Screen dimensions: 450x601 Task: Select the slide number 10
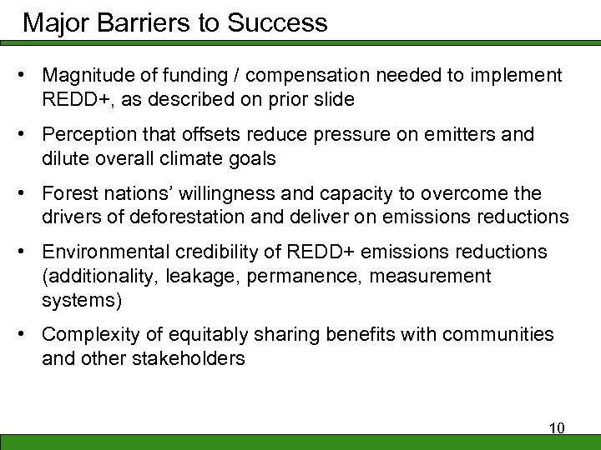(557, 428)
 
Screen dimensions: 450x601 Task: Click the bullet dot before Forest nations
(28, 194)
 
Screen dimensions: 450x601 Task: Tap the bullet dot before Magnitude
(28, 77)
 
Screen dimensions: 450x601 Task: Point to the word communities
(497, 334)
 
